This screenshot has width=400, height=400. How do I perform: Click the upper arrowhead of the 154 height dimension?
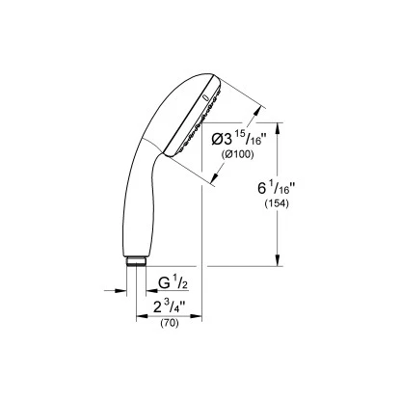(x=280, y=127)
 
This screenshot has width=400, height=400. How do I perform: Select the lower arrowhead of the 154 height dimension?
(x=280, y=262)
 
